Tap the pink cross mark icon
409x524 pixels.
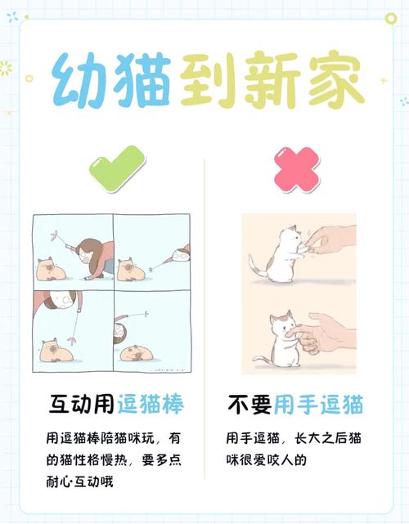click(296, 170)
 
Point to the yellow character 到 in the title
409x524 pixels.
click(206, 82)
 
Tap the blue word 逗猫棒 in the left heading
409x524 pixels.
click(150, 404)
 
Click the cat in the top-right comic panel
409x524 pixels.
click(130, 269)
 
